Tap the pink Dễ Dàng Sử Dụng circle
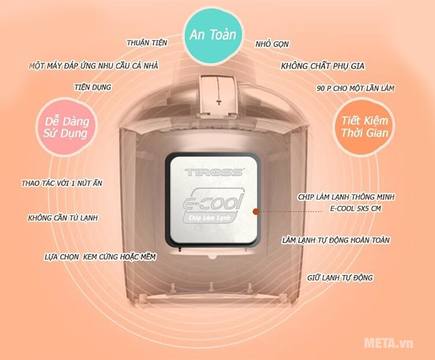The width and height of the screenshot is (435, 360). coord(67,128)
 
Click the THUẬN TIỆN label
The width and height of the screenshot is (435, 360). coord(147,43)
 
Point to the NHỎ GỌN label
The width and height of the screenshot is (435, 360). coord(272,44)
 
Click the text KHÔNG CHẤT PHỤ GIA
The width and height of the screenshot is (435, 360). coord(322,66)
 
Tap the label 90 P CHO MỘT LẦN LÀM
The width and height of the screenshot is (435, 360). coord(356,88)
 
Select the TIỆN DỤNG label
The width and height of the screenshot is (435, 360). coord(93,87)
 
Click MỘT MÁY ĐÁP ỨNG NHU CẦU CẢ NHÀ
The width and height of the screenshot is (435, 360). coord(94,66)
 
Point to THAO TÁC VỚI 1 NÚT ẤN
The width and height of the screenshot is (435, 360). coord(62,183)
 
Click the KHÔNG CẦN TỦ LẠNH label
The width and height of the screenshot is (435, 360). coord(63,218)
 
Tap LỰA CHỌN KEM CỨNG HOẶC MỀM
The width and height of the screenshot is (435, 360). coord(100,257)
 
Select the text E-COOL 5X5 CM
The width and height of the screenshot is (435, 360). coord(356,208)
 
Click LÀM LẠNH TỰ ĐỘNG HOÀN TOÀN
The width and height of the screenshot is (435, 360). coord(336,240)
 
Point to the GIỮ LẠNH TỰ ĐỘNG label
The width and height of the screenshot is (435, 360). coord(340,278)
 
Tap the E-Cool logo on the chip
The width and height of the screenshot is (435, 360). coord(213,206)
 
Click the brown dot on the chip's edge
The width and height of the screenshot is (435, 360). coord(256,212)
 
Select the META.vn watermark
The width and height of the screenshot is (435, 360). coord(389,343)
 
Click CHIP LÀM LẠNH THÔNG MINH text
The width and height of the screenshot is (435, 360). coord(346,197)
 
